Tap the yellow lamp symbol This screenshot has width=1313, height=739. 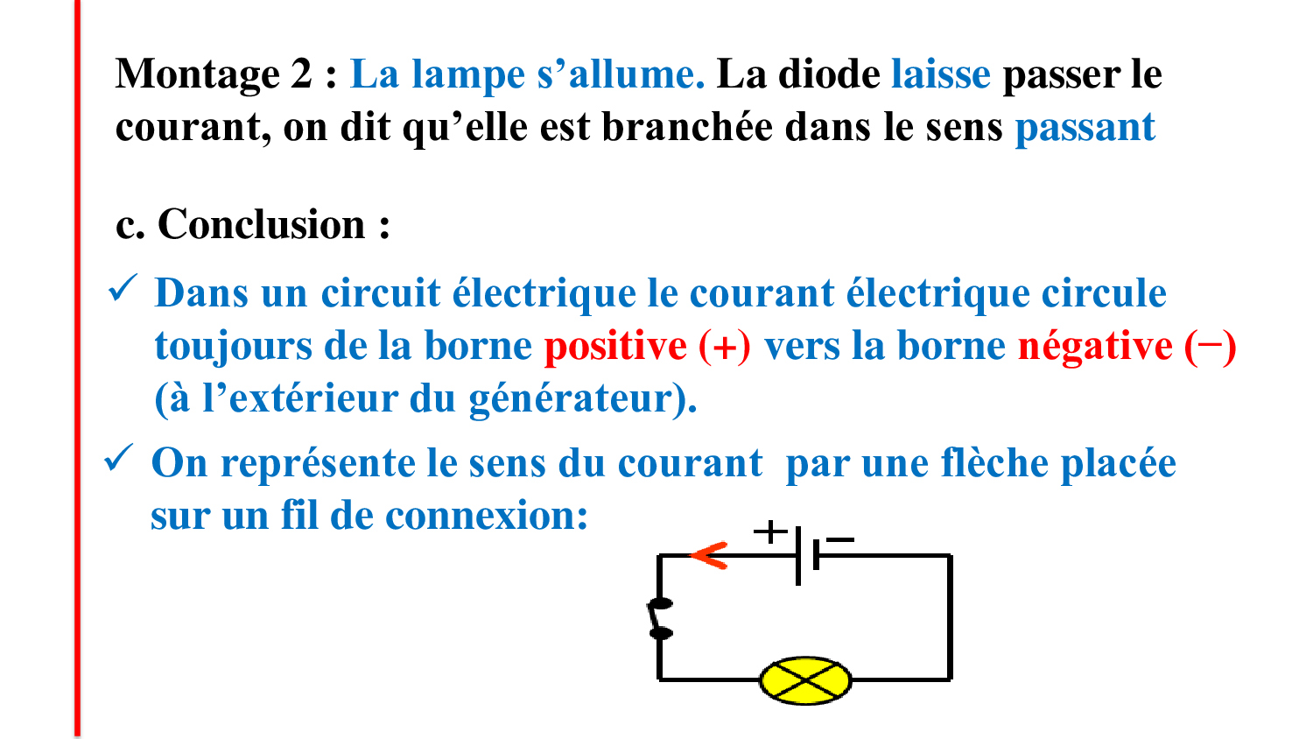tap(805, 680)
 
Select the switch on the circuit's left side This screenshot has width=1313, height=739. tap(660, 618)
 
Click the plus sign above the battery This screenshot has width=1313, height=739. tap(770, 532)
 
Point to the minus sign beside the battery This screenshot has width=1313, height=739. tap(840, 539)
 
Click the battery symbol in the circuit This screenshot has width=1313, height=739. tap(807, 555)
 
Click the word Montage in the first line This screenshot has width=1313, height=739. tap(197, 75)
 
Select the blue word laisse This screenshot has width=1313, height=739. tap(941, 74)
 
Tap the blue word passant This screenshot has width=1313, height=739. tap(1085, 128)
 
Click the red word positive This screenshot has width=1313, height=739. tap(615, 346)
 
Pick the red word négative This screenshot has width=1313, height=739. tap(1095, 346)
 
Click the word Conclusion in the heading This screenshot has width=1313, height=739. tap(262, 224)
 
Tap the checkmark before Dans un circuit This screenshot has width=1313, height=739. tap(123, 288)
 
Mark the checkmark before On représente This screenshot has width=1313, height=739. tap(119, 457)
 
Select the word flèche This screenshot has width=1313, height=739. tap(994, 463)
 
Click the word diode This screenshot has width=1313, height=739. tap(829, 74)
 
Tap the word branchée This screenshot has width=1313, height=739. tap(687, 127)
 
